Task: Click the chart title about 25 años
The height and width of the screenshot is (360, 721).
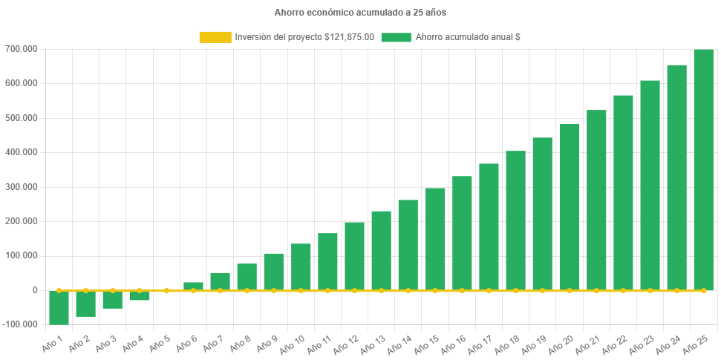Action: coord(360,13)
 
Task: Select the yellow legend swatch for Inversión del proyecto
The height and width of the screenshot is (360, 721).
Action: coord(215,37)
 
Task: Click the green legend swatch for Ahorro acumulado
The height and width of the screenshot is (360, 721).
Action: coord(396,37)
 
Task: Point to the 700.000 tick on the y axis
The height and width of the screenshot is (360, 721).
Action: coord(24,49)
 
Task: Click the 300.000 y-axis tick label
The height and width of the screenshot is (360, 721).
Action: coord(24,187)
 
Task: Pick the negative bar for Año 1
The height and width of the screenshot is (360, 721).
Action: coord(59,307)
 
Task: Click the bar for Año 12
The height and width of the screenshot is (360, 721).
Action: coord(354,256)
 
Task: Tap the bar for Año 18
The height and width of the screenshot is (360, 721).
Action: coord(515,220)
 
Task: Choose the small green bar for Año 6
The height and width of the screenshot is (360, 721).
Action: coord(193,286)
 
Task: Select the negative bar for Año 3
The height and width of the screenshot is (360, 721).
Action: coord(113,299)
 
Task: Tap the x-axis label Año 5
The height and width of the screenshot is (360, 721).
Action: coord(160,344)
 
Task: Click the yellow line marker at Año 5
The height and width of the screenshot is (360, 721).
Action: coord(166,290)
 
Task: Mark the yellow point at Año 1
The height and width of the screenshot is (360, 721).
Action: coord(59,290)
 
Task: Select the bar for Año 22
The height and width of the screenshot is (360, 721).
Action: coord(623,192)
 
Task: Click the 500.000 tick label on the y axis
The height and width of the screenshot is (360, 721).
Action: coord(24,118)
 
